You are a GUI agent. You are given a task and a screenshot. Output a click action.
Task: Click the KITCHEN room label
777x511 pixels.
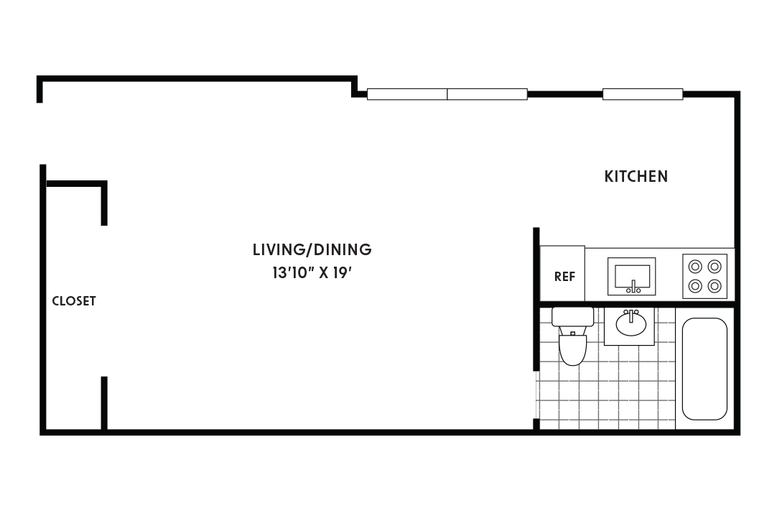click(636, 176)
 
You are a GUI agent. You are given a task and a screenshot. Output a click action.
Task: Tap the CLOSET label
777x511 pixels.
click(74, 301)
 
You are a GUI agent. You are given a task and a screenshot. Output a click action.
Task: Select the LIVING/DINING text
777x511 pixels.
click(312, 250)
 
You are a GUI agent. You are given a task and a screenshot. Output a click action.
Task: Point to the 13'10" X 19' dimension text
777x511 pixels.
click(312, 274)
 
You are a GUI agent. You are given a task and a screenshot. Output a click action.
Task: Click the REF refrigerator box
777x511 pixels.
click(563, 274)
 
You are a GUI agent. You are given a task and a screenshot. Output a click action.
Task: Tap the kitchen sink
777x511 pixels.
click(632, 275)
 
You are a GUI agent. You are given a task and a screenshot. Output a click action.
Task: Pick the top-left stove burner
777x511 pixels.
click(695, 266)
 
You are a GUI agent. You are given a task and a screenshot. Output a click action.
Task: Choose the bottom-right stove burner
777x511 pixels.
click(714, 285)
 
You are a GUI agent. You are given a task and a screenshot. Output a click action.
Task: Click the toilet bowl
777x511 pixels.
click(572, 349)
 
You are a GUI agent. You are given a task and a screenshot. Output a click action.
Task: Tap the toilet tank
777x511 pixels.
click(572, 317)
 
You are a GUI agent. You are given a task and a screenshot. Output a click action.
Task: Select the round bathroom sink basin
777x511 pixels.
click(631, 324)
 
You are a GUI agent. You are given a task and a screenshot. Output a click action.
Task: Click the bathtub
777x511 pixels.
click(704, 369)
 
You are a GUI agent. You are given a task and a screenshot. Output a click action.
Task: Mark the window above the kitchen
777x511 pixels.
click(642, 94)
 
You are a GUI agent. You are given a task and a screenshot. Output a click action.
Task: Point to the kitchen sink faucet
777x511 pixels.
click(633, 289)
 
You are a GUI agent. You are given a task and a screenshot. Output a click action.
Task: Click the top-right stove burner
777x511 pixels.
click(714, 266)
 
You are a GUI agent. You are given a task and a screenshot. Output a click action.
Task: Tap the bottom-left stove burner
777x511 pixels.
click(695, 285)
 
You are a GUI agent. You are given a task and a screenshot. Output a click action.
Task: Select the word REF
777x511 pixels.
click(564, 277)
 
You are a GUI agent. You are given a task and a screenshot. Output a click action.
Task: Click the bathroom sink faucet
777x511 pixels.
click(631, 313)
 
